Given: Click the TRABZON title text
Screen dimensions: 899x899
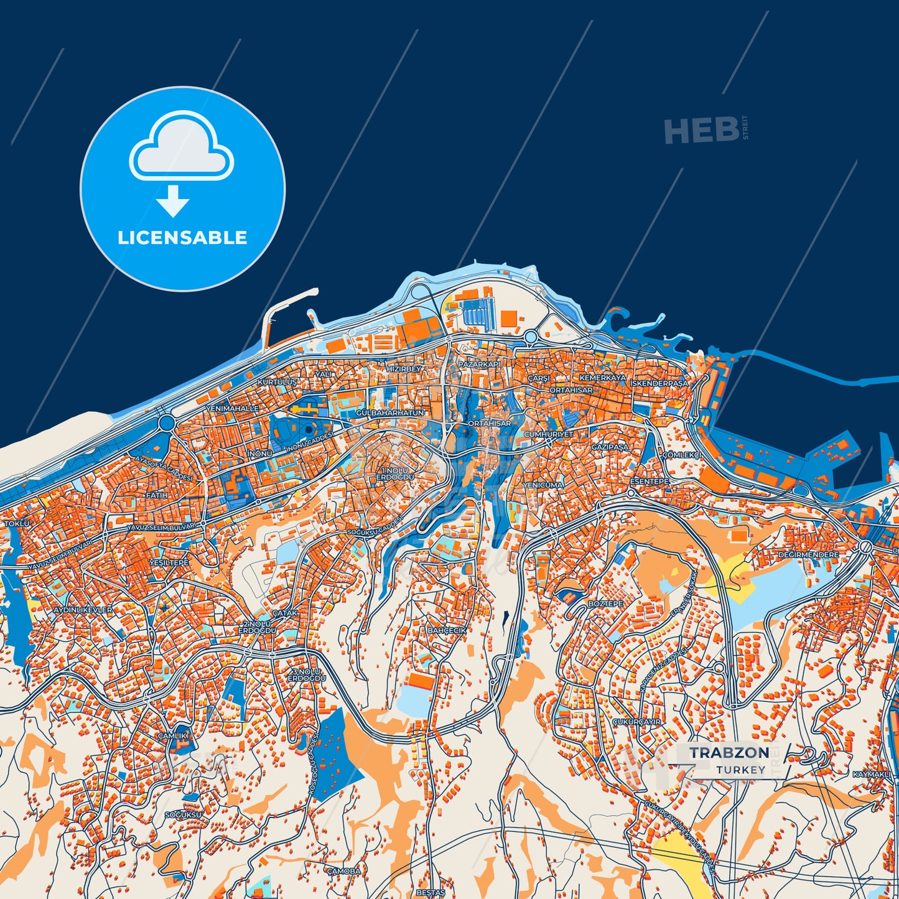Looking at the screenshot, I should click(729, 752).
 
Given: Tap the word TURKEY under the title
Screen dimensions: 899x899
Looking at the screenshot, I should click(740, 770).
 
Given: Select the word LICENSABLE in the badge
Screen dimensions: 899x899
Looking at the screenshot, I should click(182, 237).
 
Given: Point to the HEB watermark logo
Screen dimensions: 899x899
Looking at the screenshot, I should click(702, 131).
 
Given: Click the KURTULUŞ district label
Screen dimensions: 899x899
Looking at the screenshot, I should click(277, 381).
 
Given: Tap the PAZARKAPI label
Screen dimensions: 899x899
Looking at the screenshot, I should click(478, 363).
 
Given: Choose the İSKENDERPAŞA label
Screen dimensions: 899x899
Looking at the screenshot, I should click(659, 383).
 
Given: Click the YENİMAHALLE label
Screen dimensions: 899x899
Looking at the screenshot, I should click(231, 408).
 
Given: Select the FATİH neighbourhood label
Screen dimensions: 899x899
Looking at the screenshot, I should click(157, 495).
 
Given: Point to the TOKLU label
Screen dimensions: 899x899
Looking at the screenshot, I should click(17, 524).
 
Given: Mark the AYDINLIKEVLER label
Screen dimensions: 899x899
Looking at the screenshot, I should click(83, 610).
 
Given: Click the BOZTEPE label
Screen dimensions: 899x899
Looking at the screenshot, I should click(605, 604).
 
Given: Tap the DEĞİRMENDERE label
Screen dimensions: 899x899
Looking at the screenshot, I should click(808, 554).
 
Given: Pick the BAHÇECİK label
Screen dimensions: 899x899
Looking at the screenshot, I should click(447, 630).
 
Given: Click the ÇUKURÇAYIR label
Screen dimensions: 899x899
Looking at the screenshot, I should click(636, 722).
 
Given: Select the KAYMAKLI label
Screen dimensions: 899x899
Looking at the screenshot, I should click(871, 774).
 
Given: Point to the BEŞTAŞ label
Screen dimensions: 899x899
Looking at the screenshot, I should click(431, 892).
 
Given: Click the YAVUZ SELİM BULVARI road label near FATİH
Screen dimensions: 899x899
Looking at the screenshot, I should click(161, 527).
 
